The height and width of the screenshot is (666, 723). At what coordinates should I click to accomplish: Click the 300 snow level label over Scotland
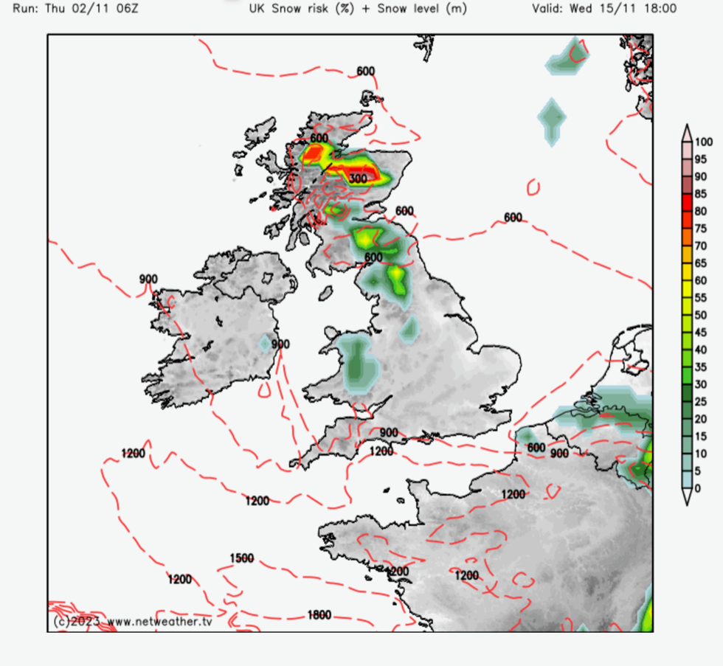coord(358,178)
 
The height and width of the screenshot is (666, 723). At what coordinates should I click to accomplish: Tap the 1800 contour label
coord(319,615)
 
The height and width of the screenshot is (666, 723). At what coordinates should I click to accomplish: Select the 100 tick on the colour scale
coord(704,142)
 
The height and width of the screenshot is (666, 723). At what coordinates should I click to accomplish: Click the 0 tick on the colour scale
coord(698,488)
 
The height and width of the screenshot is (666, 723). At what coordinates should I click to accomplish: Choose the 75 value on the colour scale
coord(701,229)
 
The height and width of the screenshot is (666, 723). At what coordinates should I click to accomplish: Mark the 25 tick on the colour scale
coord(701,401)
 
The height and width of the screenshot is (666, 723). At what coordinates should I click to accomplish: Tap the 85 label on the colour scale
coord(701,194)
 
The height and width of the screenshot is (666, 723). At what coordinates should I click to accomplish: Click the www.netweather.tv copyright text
coord(158,621)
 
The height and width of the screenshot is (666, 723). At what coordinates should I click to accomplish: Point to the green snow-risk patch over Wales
coord(359,363)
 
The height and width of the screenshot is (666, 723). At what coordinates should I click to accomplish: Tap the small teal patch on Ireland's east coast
coord(266,343)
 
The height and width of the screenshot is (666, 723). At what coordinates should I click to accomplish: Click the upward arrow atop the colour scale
coord(687,130)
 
